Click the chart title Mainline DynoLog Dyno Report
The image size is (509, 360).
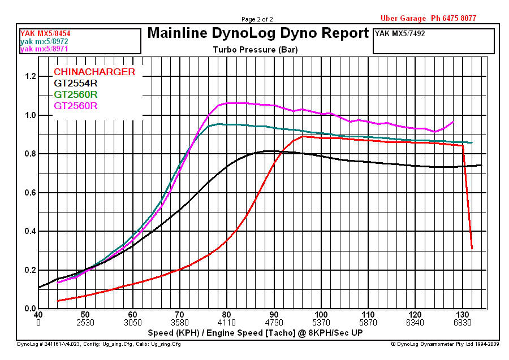258,33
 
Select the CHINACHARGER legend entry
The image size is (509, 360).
94,72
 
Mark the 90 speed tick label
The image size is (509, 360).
274,315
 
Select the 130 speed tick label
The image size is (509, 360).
463,315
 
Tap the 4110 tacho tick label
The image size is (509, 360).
226,323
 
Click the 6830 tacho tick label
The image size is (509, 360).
463,323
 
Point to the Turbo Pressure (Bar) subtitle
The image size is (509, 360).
255,49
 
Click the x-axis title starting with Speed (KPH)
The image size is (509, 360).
255,332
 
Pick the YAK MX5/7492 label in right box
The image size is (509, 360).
400,34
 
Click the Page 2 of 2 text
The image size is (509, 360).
257,19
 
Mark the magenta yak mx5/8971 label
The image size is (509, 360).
45,49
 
